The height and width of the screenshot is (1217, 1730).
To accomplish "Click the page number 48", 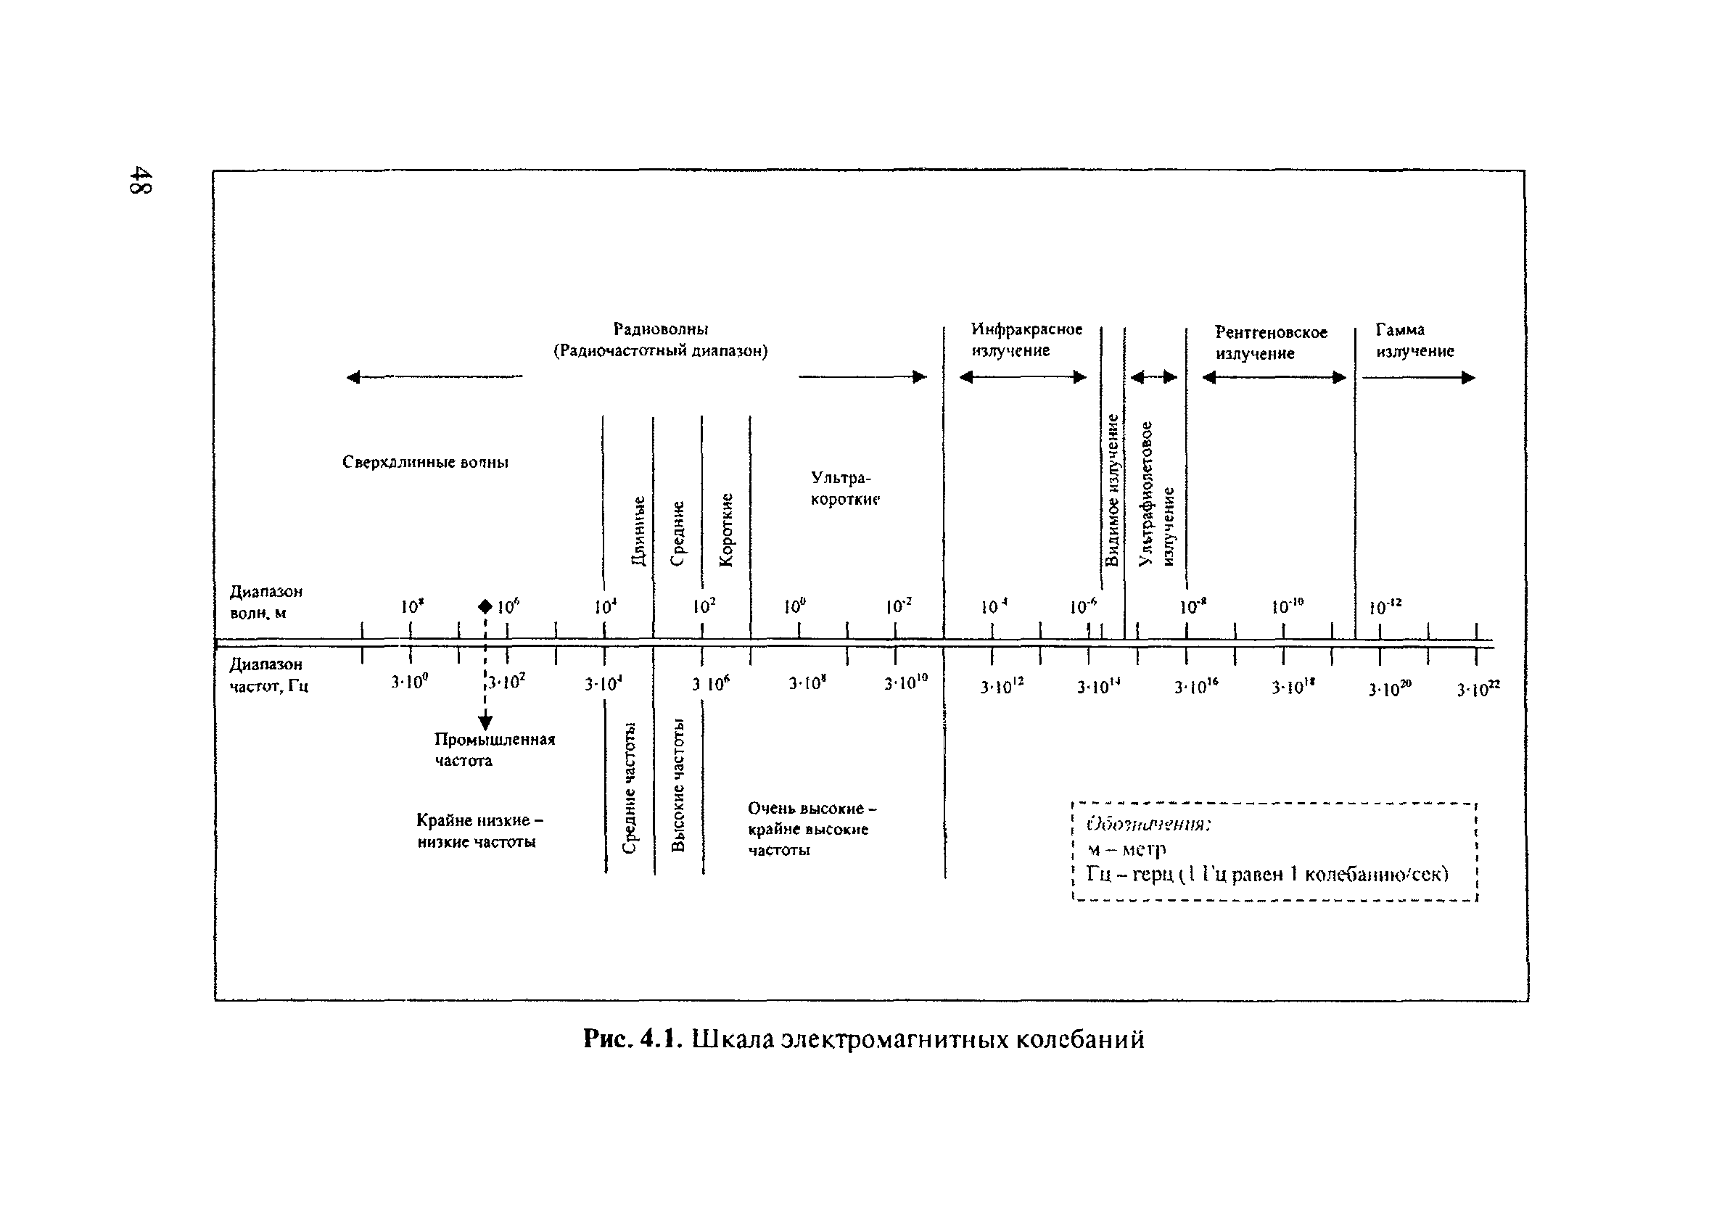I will click(141, 180).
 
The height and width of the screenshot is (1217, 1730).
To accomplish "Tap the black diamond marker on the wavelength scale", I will click(485, 606).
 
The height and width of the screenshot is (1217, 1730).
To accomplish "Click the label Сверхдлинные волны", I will click(425, 462).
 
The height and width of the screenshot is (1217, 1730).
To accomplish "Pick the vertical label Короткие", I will click(726, 529).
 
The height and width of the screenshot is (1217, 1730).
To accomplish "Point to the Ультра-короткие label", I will click(844, 488).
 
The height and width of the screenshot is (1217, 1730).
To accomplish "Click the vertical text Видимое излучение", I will click(1112, 490).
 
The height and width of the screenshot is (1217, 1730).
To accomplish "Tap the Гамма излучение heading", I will click(1414, 341).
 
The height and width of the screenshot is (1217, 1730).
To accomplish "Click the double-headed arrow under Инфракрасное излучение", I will click(1023, 377).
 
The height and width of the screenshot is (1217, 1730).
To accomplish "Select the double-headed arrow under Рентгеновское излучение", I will click(1274, 378).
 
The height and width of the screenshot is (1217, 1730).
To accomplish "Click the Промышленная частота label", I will click(494, 750).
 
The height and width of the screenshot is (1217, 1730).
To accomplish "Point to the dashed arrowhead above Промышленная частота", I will click(485, 722).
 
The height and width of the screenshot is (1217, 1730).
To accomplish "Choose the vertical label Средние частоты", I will click(630, 788).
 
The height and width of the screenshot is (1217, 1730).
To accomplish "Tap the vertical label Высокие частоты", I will click(678, 785).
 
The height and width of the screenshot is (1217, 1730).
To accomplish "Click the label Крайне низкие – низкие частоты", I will click(479, 830).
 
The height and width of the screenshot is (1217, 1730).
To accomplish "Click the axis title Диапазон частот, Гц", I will click(269, 675).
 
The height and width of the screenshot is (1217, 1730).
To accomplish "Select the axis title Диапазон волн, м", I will click(266, 602).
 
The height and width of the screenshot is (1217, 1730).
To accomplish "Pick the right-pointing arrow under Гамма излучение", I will click(1418, 378).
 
